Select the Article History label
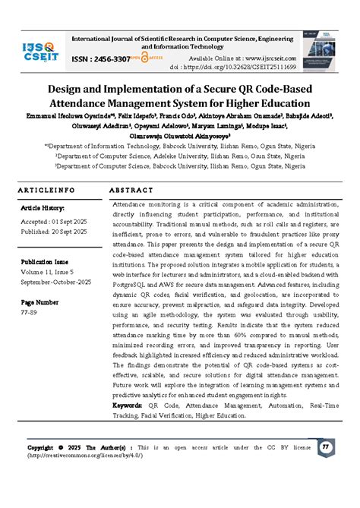click(x=43, y=207)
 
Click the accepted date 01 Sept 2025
click(x=65, y=221)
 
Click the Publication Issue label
click(x=47, y=257)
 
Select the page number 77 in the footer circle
click(x=325, y=446)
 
